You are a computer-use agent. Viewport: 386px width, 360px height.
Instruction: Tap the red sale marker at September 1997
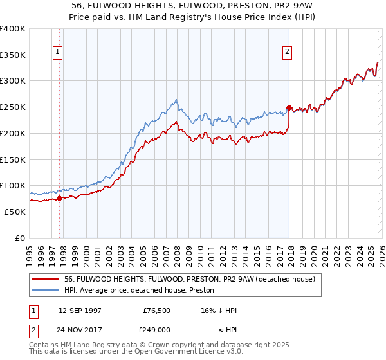click(59, 198)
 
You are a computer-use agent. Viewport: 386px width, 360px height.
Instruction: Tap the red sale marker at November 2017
click(289, 108)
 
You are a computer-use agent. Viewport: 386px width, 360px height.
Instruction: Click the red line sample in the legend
click(45, 280)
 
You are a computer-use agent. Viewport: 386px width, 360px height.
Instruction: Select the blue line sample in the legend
click(45, 291)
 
